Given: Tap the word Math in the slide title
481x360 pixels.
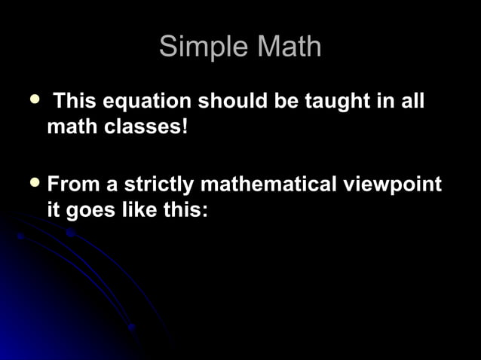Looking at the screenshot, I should click(x=290, y=47).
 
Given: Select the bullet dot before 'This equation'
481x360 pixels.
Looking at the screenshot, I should click(x=32, y=99).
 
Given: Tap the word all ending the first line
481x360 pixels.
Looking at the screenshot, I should click(x=412, y=101).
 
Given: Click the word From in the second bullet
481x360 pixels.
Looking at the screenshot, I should click(x=72, y=185).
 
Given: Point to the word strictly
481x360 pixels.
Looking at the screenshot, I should click(x=158, y=185).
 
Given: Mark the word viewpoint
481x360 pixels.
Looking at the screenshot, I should click(x=398, y=185).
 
